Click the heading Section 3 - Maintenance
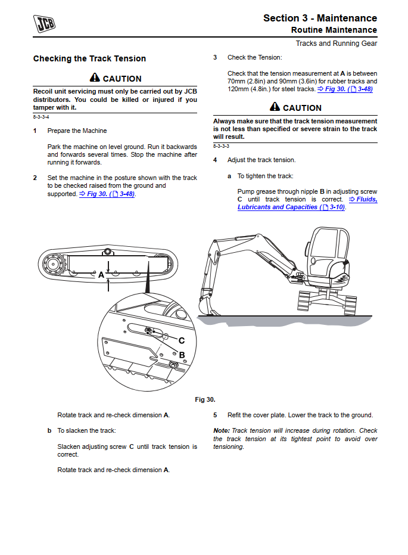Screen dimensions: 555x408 (x=320, y=18)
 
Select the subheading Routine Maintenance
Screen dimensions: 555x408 (x=334, y=30)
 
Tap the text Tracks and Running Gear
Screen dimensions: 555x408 (x=337, y=44)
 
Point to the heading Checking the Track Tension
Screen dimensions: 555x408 (x=89, y=58)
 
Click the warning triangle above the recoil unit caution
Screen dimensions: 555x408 (x=95, y=78)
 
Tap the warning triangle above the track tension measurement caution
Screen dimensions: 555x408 (x=275, y=107)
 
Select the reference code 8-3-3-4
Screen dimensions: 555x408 (x=41, y=117)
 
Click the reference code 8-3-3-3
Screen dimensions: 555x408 (x=221, y=146)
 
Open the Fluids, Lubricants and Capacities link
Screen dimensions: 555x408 (x=307, y=203)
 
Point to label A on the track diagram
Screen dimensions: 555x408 (x=101, y=275)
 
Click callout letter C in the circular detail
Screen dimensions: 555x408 (x=182, y=340)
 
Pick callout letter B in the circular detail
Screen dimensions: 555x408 (x=182, y=355)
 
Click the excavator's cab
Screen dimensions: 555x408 (x=329, y=244)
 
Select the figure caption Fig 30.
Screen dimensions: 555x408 (x=205, y=399)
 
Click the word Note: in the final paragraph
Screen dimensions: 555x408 (x=222, y=431)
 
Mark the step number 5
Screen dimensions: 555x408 (x=215, y=416)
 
